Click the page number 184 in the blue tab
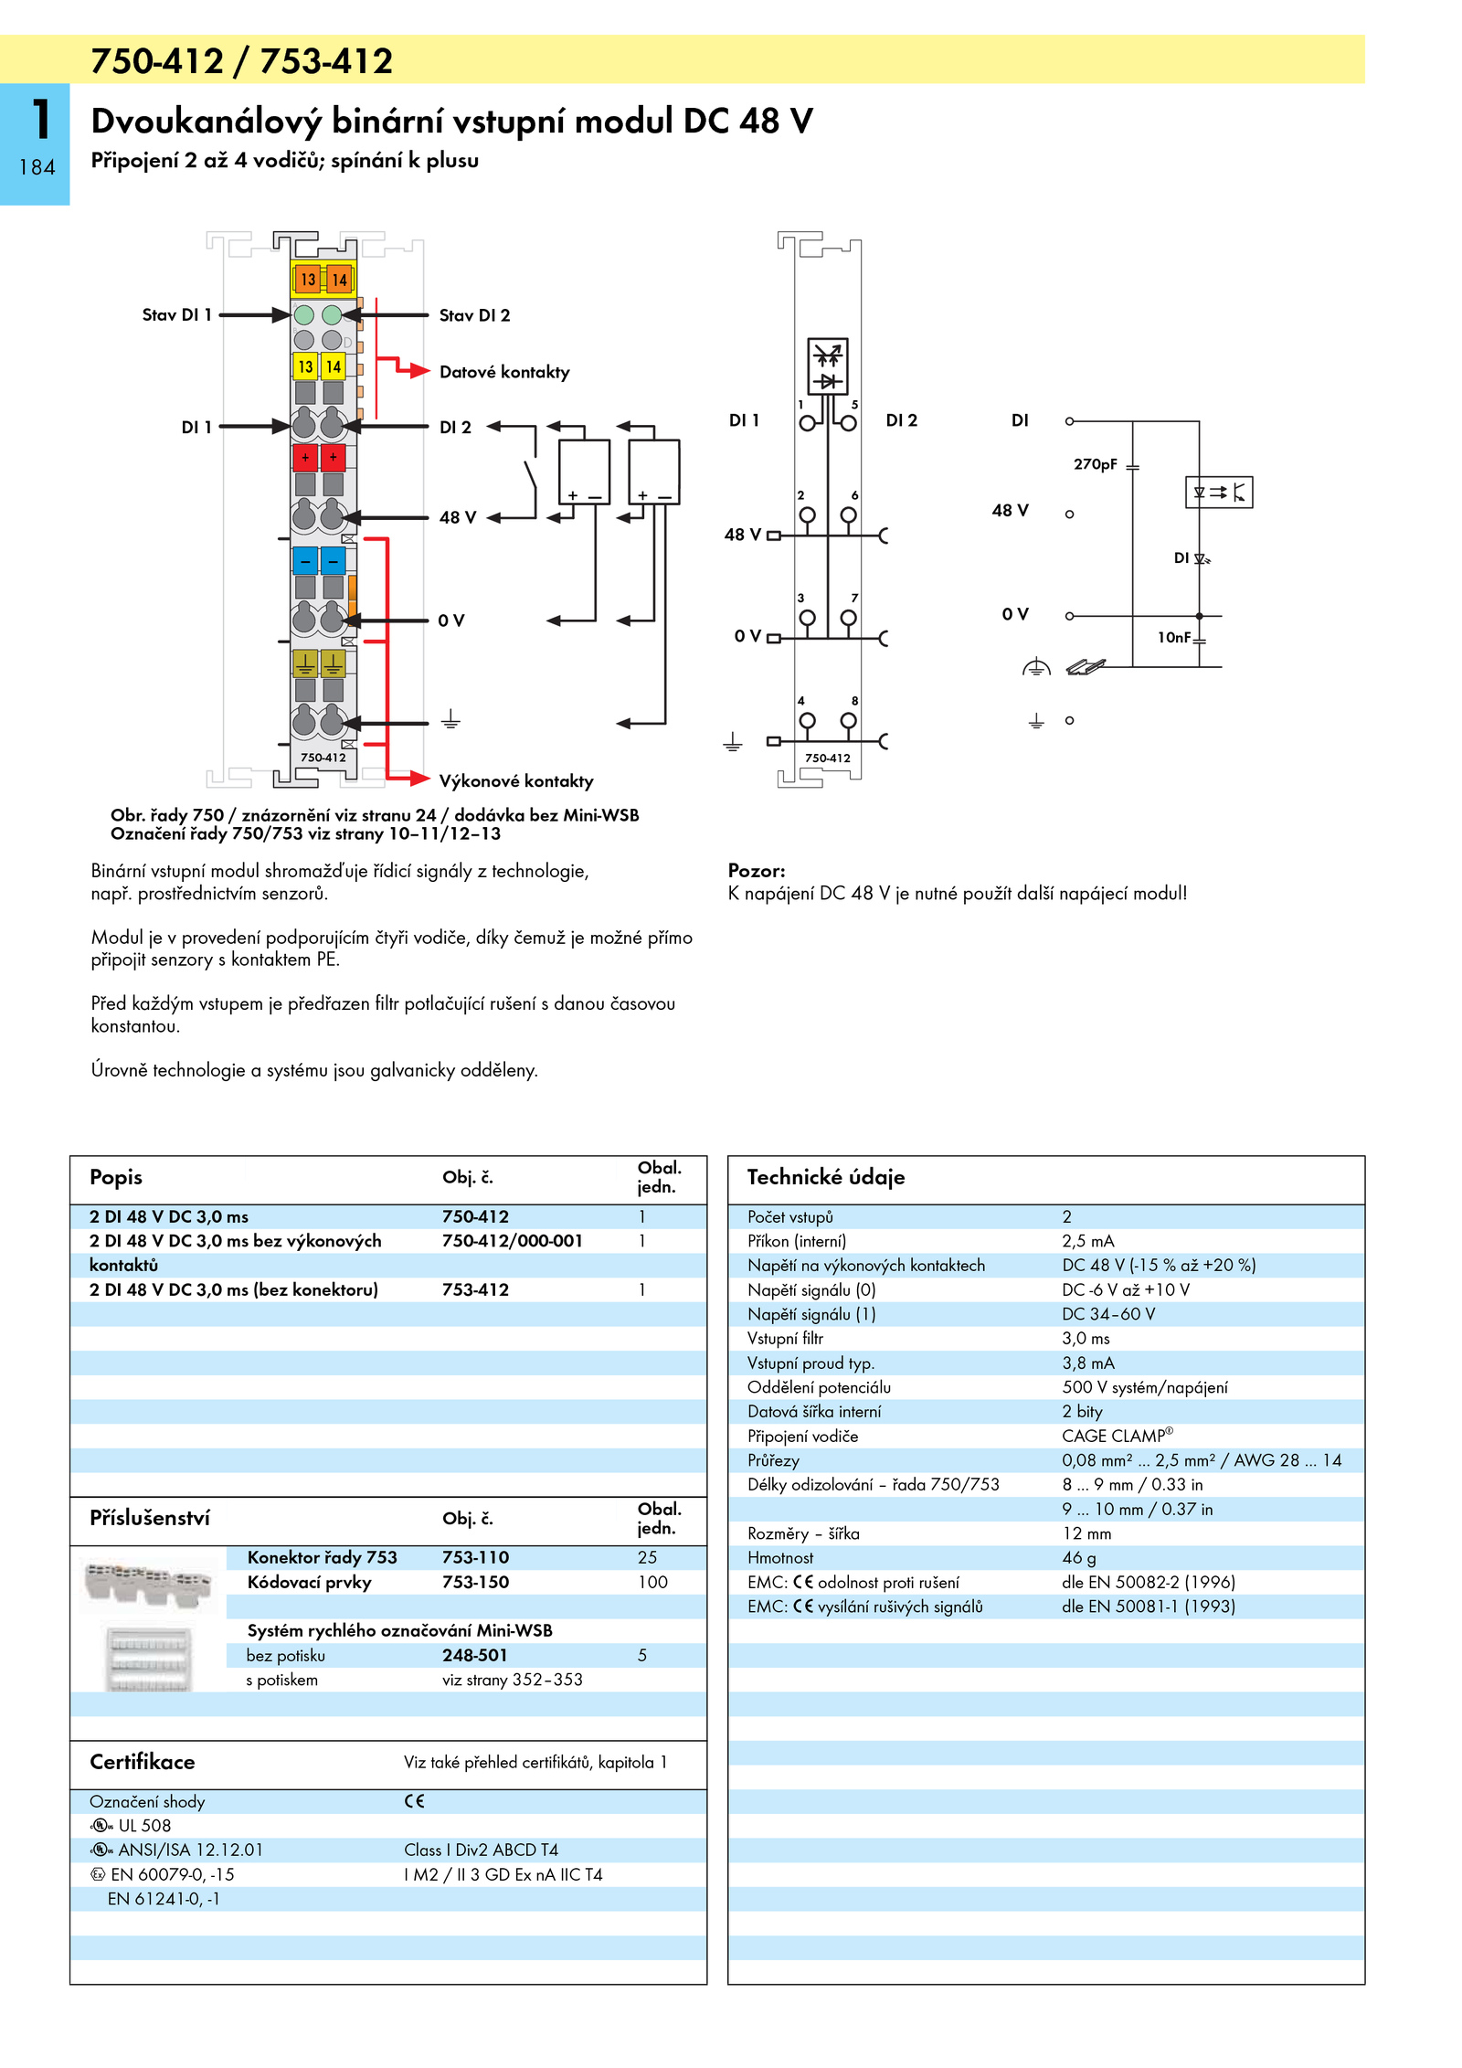click(x=37, y=167)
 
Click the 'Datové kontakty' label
click(x=504, y=372)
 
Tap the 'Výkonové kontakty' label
click(x=516, y=781)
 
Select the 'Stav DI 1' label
click(x=176, y=315)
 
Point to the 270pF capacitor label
click(x=1095, y=464)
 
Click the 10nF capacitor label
click(x=1174, y=637)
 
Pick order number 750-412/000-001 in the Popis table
click(x=512, y=1241)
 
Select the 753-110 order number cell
click(x=475, y=1557)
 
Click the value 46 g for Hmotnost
click(x=1078, y=1558)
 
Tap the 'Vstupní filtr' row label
click(x=785, y=1339)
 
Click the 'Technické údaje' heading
click(x=826, y=1177)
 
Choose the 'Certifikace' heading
click(x=142, y=1762)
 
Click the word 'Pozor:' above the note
click(x=757, y=871)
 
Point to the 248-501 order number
click(x=474, y=1655)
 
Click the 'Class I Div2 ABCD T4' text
click(x=481, y=1850)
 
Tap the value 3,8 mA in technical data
click(x=1087, y=1363)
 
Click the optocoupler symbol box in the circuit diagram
click(x=1219, y=493)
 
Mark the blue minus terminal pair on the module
click(x=319, y=559)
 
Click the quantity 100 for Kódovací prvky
click(x=652, y=1582)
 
